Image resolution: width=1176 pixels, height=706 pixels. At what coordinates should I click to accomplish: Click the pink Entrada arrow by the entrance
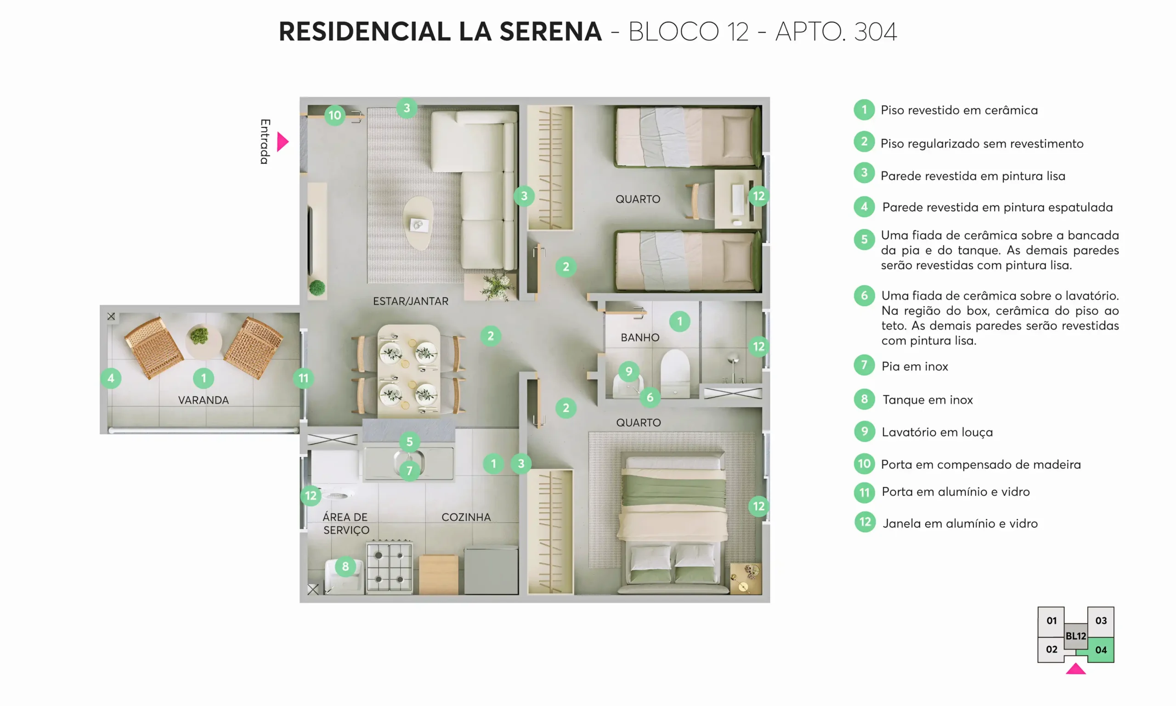point(283,142)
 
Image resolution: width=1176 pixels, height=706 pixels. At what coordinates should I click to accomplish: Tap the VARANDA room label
point(204,400)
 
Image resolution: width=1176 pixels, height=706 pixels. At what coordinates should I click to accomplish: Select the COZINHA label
point(466,517)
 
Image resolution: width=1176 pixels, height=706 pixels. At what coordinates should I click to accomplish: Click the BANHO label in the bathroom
point(640,337)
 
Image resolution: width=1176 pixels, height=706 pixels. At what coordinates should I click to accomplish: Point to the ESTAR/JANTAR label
point(410,301)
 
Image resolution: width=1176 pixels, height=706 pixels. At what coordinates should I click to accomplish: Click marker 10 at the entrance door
point(334,115)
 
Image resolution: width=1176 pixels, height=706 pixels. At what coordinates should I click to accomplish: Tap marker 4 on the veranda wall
point(111,378)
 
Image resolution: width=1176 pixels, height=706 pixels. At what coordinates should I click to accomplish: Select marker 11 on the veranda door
point(303,378)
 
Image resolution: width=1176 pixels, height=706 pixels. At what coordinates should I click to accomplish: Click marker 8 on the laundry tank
point(345,566)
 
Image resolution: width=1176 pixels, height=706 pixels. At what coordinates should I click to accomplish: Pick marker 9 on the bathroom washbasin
point(628,371)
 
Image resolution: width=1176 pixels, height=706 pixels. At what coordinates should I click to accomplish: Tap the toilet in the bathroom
point(674,374)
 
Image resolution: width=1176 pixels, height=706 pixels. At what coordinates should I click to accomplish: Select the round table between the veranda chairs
point(203,341)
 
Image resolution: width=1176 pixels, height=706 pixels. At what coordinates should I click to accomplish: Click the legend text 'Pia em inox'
point(915,366)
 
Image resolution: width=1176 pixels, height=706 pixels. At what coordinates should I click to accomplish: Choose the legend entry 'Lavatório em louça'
point(937,432)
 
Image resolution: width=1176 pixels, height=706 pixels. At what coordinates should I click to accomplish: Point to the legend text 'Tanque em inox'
point(927,399)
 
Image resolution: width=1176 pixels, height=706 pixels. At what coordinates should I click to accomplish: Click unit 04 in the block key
point(1101,649)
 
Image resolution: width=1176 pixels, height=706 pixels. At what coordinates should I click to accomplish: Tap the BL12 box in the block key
point(1076,636)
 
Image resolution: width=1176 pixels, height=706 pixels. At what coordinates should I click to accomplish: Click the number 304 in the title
point(875,32)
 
